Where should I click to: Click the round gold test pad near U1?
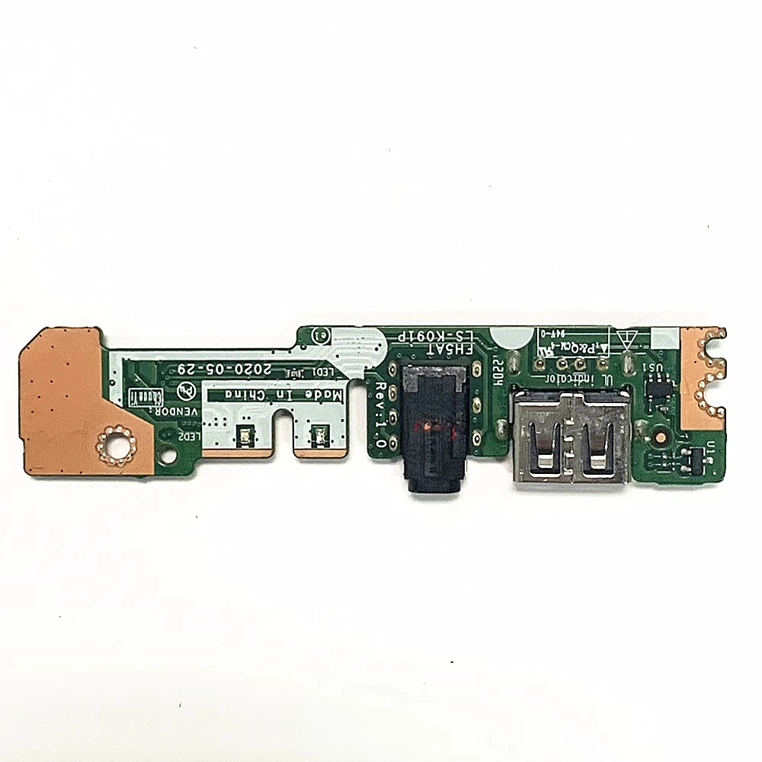(661, 439)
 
